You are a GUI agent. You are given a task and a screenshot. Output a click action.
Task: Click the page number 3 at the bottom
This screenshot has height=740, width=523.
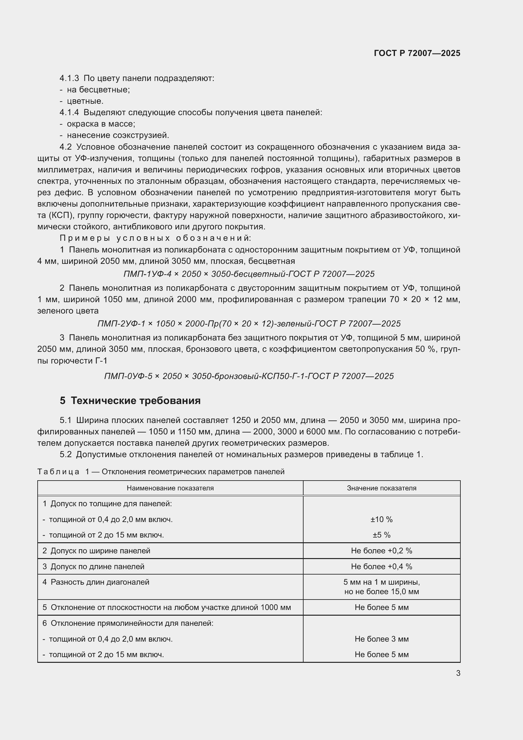click(458, 673)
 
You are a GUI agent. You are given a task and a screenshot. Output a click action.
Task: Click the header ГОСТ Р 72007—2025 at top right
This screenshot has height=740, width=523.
click(417, 53)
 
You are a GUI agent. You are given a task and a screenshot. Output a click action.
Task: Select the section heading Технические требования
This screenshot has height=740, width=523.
click(135, 401)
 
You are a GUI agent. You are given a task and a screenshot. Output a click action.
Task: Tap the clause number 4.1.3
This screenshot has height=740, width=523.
click(69, 78)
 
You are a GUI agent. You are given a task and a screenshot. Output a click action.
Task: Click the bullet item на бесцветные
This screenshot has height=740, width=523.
click(98, 90)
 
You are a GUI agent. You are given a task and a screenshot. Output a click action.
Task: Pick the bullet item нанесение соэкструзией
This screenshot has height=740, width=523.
click(118, 135)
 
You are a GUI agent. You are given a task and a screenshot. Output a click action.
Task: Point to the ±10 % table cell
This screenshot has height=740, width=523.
click(381, 519)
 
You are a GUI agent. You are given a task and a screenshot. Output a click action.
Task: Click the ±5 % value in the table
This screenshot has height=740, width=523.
click(381, 535)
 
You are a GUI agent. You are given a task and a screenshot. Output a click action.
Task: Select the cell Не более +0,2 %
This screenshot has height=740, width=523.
click(381, 551)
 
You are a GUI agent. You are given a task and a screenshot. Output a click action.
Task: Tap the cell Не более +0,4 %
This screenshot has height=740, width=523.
click(381, 567)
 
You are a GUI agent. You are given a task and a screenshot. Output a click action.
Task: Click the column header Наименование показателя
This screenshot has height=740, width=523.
click(170, 488)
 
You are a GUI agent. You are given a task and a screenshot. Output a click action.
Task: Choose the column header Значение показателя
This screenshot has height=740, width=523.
click(381, 488)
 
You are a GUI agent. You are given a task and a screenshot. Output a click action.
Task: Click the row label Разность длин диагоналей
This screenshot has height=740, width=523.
click(100, 582)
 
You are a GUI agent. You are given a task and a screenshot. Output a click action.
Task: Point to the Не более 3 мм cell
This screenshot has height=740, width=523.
click(381, 639)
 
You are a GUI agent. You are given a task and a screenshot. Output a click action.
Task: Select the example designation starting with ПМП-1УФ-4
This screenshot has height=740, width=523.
click(249, 274)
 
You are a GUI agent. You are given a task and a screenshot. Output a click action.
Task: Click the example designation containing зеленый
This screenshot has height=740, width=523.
click(249, 324)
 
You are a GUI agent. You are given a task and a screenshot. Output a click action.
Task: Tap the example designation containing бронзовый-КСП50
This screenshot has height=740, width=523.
click(249, 376)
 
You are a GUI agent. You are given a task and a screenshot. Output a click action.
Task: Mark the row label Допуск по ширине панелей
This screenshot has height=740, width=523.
click(100, 551)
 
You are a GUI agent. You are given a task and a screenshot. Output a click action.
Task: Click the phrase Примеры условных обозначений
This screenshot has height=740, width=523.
click(155, 238)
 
